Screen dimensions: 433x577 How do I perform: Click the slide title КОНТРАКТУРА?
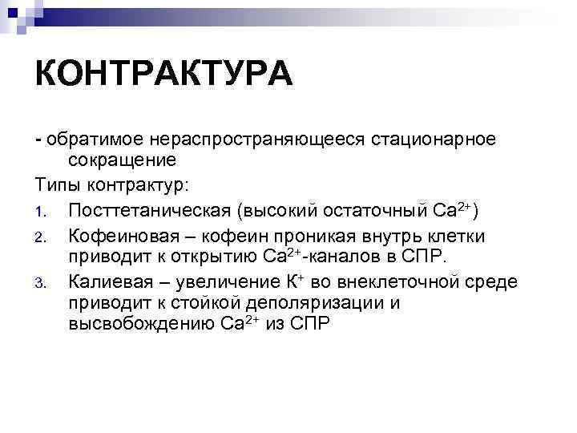coord(163,76)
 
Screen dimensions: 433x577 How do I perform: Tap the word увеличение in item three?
coord(226,282)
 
